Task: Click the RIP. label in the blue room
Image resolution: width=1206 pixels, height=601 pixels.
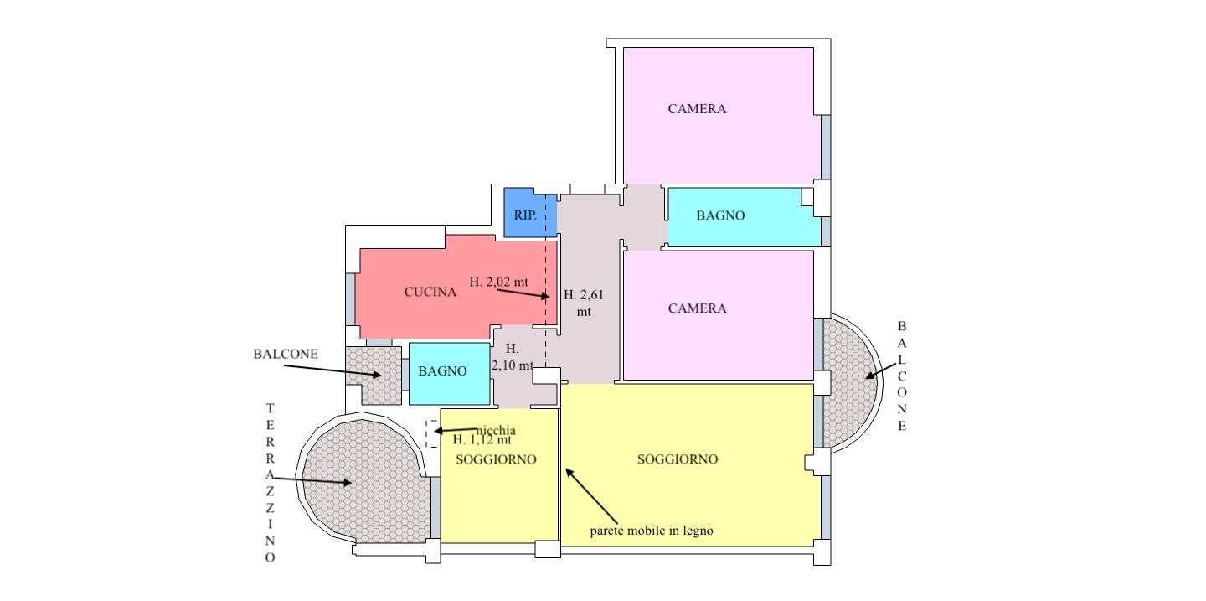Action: (525, 215)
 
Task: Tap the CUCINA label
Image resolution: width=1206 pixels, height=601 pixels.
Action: (430, 293)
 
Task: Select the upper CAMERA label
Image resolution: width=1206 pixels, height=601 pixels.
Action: (697, 109)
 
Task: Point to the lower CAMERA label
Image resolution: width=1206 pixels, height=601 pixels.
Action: (697, 308)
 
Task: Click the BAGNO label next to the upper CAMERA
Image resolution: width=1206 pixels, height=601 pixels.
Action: (720, 215)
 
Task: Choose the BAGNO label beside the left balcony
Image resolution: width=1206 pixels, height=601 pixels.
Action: (442, 371)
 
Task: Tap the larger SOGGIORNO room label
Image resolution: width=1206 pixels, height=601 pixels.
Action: (678, 459)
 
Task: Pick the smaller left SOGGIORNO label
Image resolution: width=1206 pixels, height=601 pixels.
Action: (496, 460)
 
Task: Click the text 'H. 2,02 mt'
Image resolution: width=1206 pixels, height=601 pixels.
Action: (498, 282)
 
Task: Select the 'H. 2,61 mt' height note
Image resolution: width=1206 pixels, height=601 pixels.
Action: (584, 303)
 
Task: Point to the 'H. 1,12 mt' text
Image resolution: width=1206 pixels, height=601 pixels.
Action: (482, 440)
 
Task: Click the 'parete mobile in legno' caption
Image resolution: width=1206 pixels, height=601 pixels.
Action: (652, 531)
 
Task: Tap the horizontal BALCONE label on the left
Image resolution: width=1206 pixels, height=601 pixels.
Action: (286, 354)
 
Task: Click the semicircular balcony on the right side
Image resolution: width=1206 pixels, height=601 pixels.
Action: (851, 383)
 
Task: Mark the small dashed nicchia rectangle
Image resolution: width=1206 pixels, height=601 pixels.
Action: (431, 434)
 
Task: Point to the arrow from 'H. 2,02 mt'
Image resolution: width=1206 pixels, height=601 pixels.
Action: (523, 293)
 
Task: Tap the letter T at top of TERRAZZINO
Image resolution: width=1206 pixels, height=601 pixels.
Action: (271, 408)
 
